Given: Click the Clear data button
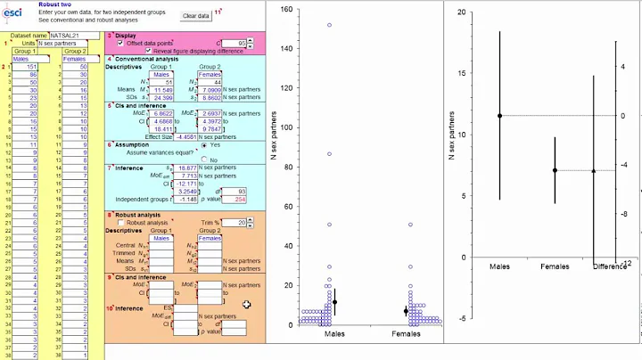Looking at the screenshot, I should (x=196, y=16).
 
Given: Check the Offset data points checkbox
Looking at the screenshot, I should (x=120, y=43).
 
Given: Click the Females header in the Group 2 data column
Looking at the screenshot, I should (x=75, y=59).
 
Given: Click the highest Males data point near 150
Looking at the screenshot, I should (x=329, y=25).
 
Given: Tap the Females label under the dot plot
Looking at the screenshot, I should (x=407, y=333).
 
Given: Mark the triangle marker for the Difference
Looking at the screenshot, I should (x=594, y=170).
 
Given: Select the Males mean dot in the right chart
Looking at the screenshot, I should (x=499, y=116).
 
